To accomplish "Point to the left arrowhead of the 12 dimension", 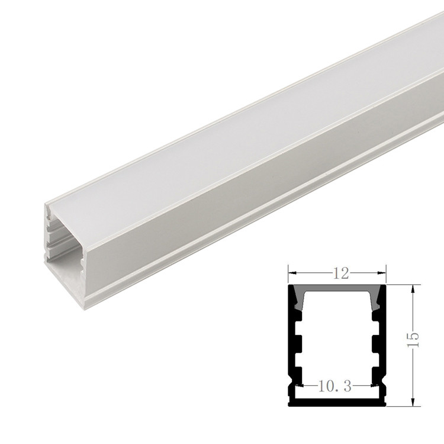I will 291,274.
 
